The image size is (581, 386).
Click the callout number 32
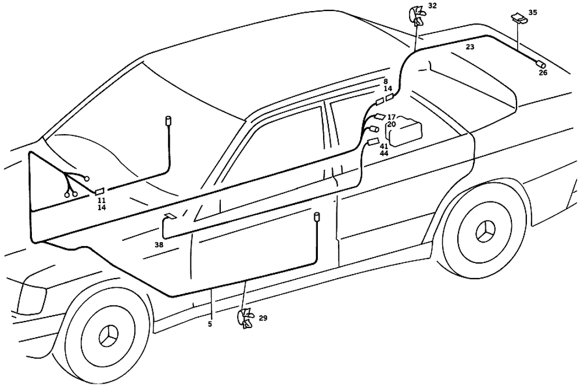[x=432, y=6]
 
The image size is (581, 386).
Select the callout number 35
[x=533, y=12]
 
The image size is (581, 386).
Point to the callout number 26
[x=543, y=73]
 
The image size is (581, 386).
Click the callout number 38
[x=159, y=245]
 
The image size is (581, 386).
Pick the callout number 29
[x=263, y=318]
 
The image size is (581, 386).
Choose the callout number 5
[x=210, y=324]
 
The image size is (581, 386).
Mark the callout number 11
[x=102, y=200]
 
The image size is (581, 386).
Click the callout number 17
[x=392, y=117]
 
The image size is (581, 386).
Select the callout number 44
[x=384, y=153]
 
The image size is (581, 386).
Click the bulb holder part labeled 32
[x=418, y=14]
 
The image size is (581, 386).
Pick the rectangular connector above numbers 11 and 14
[x=100, y=190]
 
